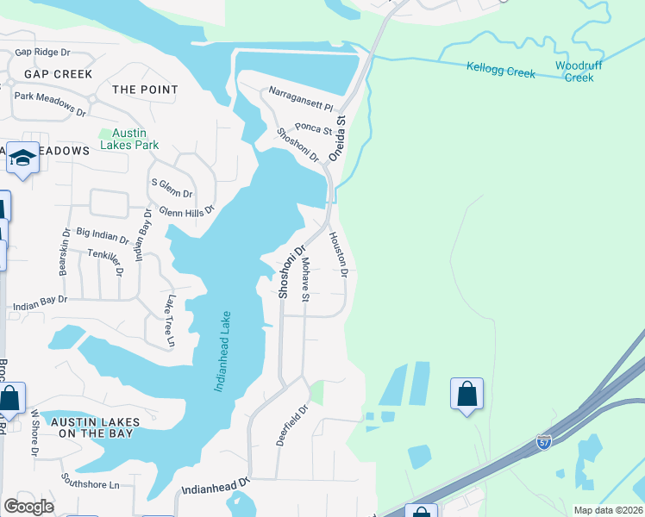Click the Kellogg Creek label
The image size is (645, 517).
pos(501,70)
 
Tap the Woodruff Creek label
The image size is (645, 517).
pos(573,72)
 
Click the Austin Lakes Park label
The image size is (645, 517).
pos(122,139)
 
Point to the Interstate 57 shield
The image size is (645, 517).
pos(544,442)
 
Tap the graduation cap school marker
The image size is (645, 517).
pos(23,159)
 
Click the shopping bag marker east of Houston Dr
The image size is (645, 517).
pos(467,394)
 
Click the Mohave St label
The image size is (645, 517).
pos(305,277)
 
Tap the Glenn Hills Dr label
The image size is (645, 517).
pos(185,209)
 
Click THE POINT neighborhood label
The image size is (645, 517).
pos(145,90)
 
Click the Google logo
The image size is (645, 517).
pos(28,507)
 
